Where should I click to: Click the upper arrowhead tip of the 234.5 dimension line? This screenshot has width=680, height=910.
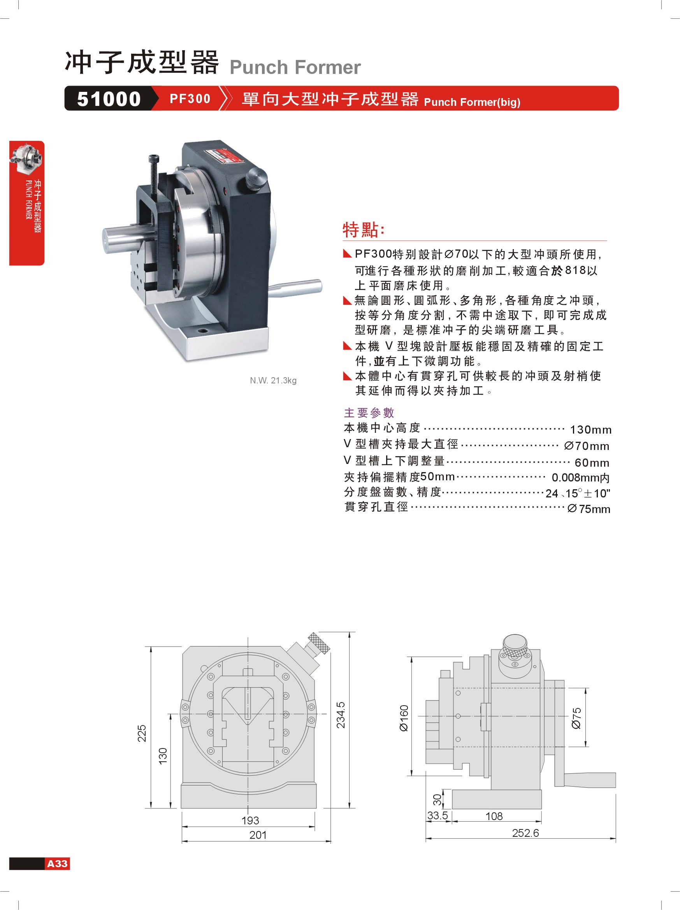[x=349, y=632]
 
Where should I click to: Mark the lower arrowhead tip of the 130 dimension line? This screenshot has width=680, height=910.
[x=170, y=808]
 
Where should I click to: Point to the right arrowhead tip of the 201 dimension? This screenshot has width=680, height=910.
[x=331, y=841]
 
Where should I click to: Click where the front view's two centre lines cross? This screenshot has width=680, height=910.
[x=248, y=714]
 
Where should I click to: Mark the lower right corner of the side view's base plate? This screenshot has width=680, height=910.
[x=541, y=808]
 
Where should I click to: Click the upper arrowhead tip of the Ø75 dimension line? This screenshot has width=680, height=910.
[x=585, y=688]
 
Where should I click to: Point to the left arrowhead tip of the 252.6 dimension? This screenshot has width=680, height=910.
[x=426, y=838]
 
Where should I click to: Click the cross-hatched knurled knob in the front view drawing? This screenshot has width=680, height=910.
[x=319, y=643]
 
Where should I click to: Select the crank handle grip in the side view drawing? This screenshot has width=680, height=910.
[x=589, y=780]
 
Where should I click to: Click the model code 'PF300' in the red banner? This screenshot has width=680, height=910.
[x=190, y=99]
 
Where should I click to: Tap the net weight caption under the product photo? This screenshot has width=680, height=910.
[x=273, y=380]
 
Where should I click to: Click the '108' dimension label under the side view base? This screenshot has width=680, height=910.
[x=494, y=816]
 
